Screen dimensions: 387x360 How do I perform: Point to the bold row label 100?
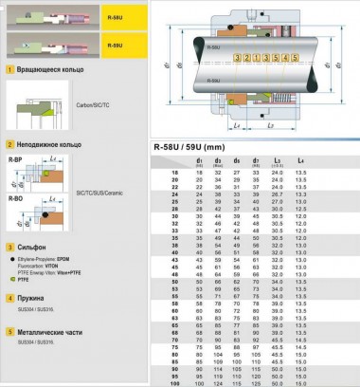(174, 383)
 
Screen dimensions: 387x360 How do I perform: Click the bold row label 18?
(174, 174)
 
